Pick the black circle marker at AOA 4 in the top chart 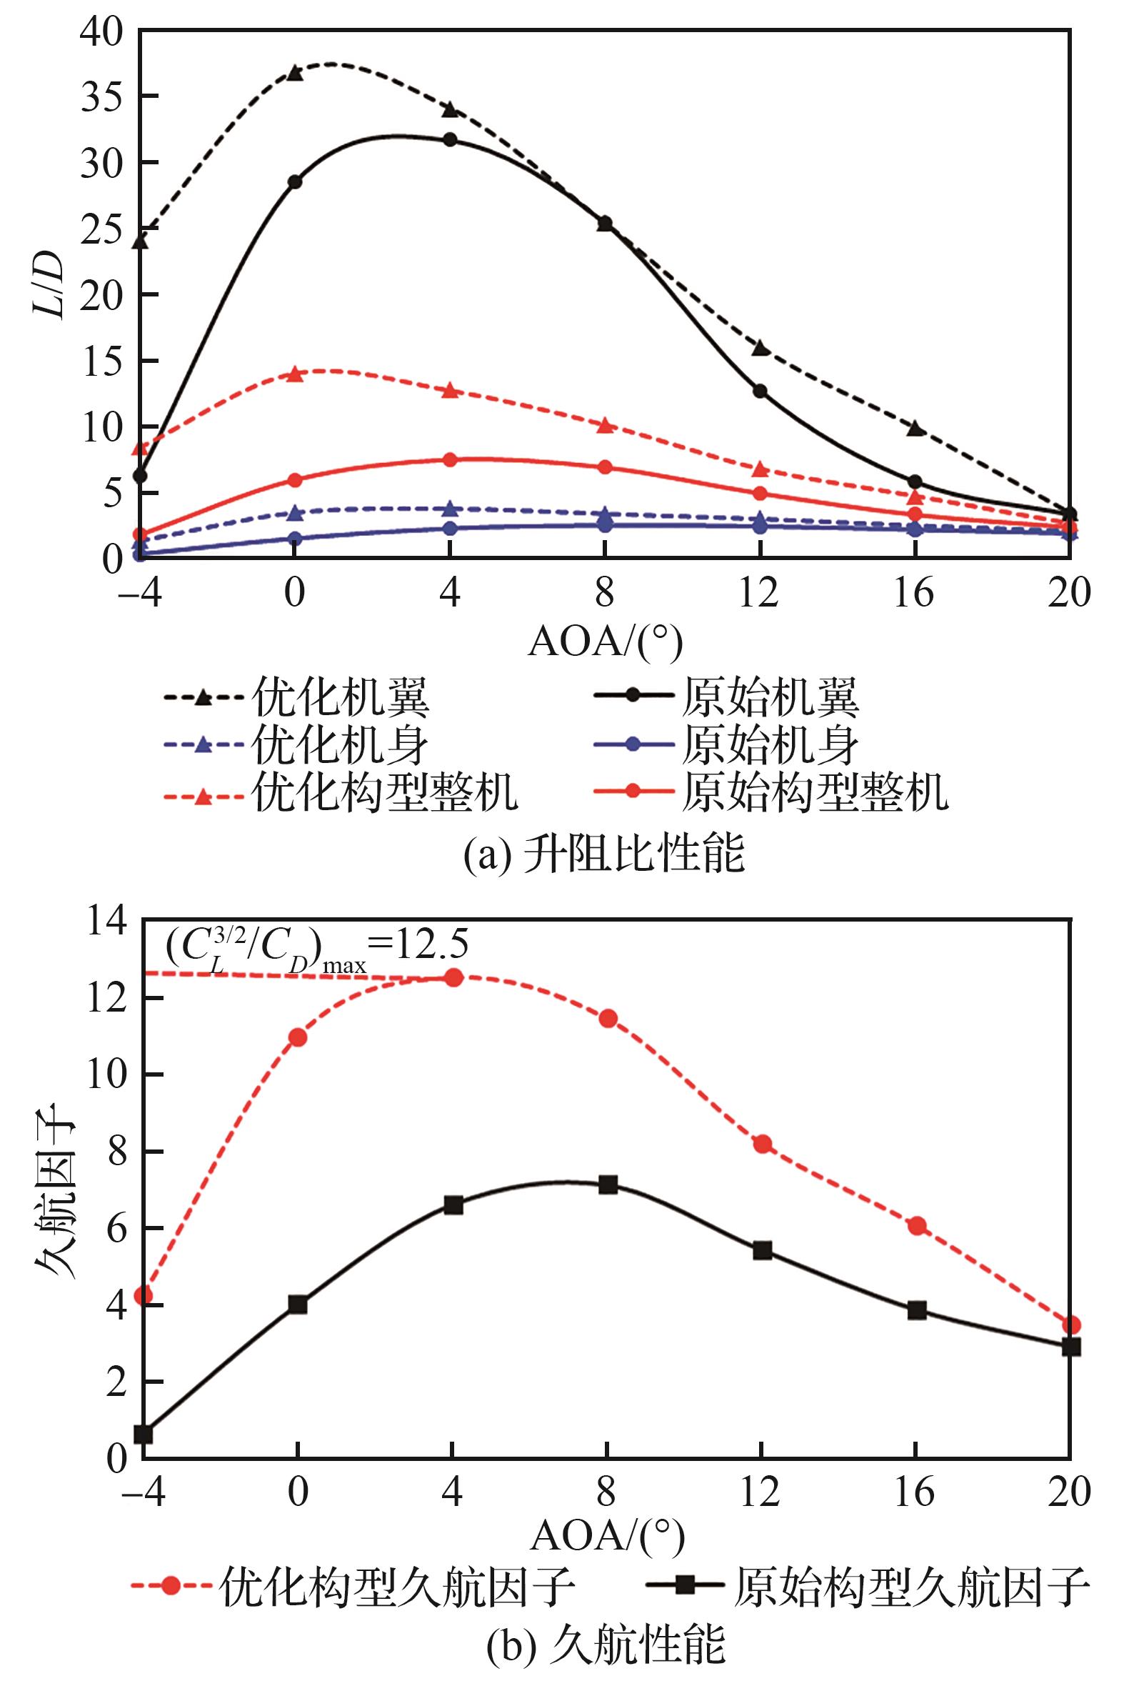coord(450,139)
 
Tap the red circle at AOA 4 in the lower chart coord(453,977)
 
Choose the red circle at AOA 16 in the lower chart coord(917,1225)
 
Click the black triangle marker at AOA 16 coord(915,428)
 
